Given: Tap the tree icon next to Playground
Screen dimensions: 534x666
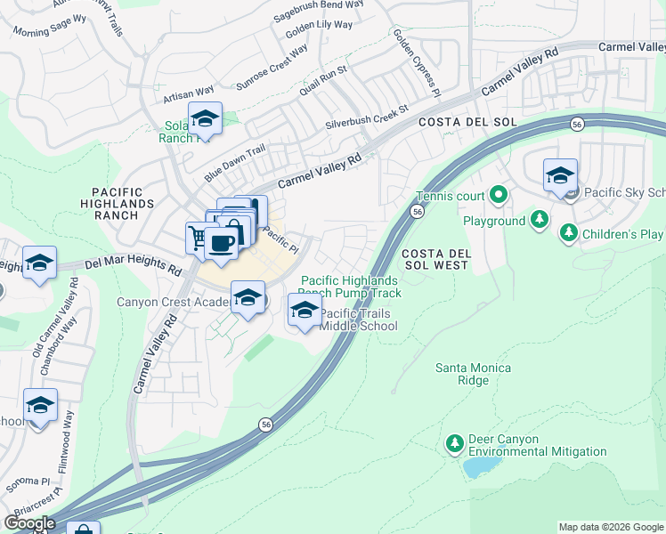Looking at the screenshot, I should [x=539, y=219].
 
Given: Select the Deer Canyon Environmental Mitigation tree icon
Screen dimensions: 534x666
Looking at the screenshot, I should [x=454, y=442].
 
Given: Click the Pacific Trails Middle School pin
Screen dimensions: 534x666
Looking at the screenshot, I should [x=305, y=311].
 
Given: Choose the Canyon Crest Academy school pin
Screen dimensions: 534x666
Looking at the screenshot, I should [x=248, y=298].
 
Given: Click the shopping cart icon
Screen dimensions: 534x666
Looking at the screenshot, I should [x=199, y=238].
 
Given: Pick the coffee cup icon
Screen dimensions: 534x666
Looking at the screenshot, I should [x=221, y=243].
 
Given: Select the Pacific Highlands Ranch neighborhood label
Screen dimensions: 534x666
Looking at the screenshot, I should [x=128, y=204].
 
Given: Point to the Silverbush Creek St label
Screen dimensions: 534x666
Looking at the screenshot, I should [x=366, y=116].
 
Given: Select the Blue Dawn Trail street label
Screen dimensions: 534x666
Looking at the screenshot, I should [x=235, y=162].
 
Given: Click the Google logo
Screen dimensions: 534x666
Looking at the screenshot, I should [x=29, y=523].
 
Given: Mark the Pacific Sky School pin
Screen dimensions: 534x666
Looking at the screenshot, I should [x=560, y=176].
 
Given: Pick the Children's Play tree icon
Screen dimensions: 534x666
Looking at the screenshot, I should [x=568, y=234].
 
